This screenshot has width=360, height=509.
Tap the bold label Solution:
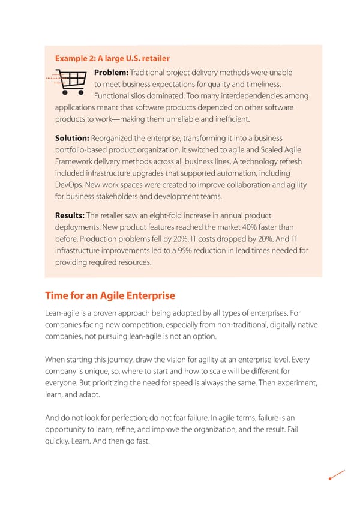(x=72, y=138)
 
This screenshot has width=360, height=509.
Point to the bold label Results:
(x=70, y=215)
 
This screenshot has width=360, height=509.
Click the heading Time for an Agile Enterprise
(x=110, y=295)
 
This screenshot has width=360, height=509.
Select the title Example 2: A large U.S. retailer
(x=112, y=58)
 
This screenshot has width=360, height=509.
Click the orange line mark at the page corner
(x=337, y=474)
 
